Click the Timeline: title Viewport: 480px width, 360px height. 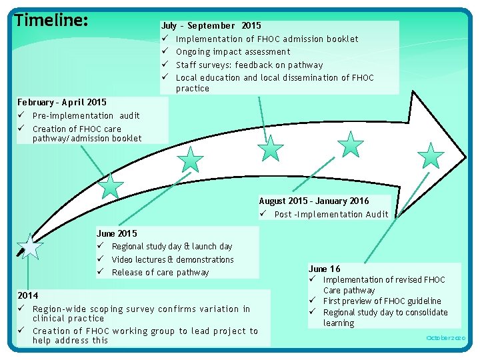(x=51, y=21)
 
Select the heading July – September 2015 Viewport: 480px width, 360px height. (x=211, y=26)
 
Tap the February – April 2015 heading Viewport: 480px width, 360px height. (x=61, y=102)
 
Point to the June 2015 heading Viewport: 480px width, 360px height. (x=117, y=233)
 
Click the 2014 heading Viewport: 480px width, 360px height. (x=28, y=295)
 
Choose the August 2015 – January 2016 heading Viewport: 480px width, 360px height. (x=313, y=201)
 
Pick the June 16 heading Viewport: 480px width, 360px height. (x=325, y=269)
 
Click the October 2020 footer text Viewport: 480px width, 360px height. (x=446, y=338)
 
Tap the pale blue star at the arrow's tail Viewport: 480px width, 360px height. (x=29, y=247)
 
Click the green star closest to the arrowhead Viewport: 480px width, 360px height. (x=431, y=156)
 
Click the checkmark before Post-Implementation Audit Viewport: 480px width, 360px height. (x=264, y=214)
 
